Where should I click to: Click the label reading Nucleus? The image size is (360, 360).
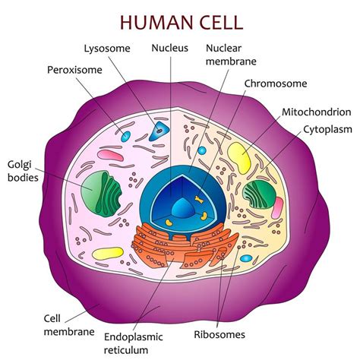pyautogui.click(x=170, y=48)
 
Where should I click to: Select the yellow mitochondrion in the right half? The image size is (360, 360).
pyautogui.click(x=240, y=157)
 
